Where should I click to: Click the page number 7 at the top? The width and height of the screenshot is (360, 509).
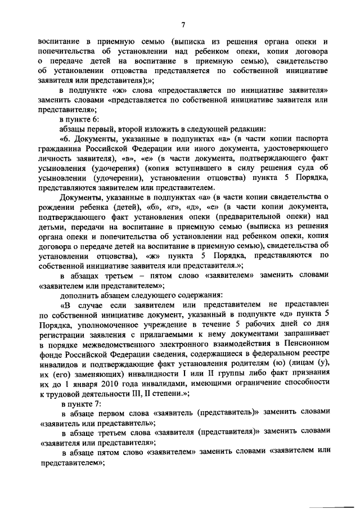pyautogui.click(x=183, y=24)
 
